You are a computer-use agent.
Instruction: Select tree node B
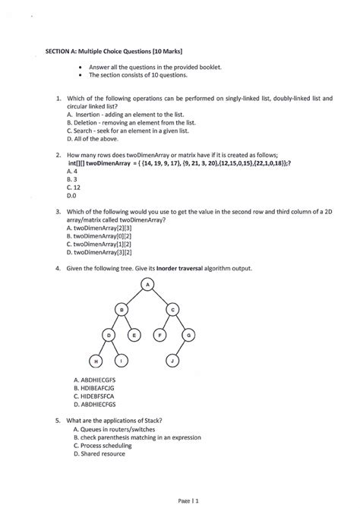(x=121, y=309)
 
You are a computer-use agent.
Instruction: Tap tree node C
(x=172, y=309)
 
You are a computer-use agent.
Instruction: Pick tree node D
(x=109, y=334)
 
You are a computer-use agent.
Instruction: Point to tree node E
(x=134, y=334)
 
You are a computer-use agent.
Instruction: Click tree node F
(x=159, y=334)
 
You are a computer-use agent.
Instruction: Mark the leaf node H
(x=95, y=360)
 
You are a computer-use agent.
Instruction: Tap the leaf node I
(x=122, y=360)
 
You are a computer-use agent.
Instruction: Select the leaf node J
(x=173, y=360)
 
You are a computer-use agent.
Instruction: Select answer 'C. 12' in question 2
(x=74, y=186)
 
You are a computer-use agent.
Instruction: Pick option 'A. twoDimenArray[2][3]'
(x=101, y=227)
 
